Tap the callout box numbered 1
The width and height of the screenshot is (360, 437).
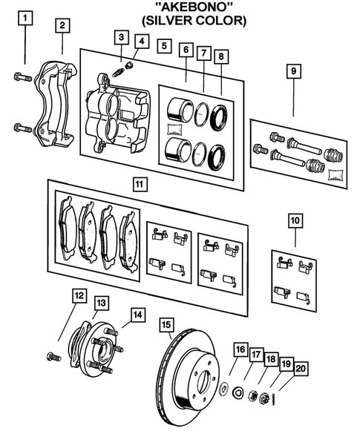[x=26, y=16]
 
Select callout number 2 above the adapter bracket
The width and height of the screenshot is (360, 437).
[x=63, y=26]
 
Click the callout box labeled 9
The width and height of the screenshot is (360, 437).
[x=293, y=71]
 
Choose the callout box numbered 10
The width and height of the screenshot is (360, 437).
[x=295, y=220]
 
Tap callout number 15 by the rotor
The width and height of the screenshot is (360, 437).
[x=168, y=324]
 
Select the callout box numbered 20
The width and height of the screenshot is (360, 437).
[x=299, y=368]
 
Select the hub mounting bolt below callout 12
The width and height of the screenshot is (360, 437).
[x=53, y=357]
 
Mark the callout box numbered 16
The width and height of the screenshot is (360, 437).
[x=239, y=349]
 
